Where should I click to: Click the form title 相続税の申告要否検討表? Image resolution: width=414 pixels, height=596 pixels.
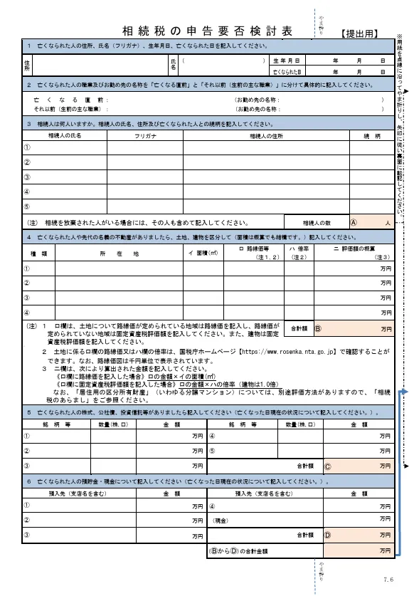pos(207,31)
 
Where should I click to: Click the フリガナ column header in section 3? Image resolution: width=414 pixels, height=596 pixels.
pos(146,135)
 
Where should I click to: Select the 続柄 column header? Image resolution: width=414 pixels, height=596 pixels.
pos(371,135)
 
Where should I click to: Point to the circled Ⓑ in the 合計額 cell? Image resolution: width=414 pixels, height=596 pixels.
pos(318,329)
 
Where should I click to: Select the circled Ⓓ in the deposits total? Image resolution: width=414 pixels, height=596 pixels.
pos(328,535)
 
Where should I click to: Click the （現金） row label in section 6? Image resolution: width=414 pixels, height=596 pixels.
pos(223,521)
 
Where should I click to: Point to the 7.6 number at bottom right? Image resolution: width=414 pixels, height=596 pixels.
pos(388,580)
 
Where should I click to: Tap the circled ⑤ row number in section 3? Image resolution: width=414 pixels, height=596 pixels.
pos(27,206)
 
